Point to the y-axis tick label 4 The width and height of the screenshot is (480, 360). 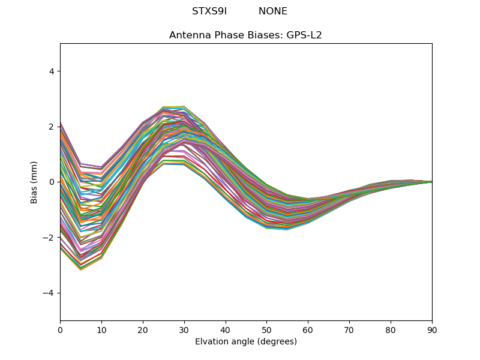[51, 71]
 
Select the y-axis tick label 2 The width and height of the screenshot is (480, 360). [51, 127]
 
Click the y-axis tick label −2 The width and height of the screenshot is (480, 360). [49, 238]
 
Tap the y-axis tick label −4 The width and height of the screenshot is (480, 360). [49, 293]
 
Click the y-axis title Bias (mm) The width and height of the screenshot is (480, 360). [35, 182]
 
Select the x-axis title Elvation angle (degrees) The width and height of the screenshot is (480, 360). [246, 341]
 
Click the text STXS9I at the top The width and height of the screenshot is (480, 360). [209, 11]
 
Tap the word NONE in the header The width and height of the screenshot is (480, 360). [273, 11]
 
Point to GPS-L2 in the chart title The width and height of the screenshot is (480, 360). [304, 35]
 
